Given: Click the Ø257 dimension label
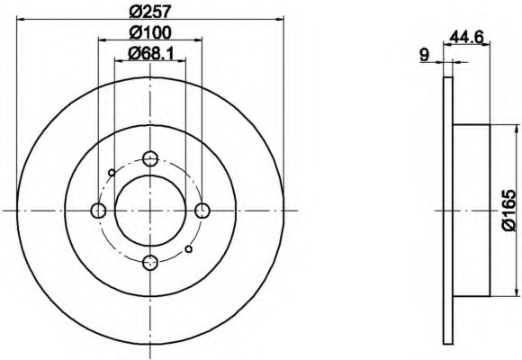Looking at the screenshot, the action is pos(150,12).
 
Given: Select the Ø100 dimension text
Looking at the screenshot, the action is pos(150,32).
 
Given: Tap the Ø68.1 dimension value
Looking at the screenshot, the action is pos(151,53).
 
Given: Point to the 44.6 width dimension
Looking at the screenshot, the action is pos(466,36).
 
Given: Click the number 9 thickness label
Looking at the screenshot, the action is pos(425,55).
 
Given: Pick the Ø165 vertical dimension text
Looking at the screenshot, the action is pos(509,211).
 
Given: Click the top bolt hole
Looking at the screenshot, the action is pos(150,158).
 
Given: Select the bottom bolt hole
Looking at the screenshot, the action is pos(150,263).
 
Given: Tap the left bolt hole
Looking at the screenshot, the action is pos(98,211).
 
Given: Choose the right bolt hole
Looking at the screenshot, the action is pos(202,211).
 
